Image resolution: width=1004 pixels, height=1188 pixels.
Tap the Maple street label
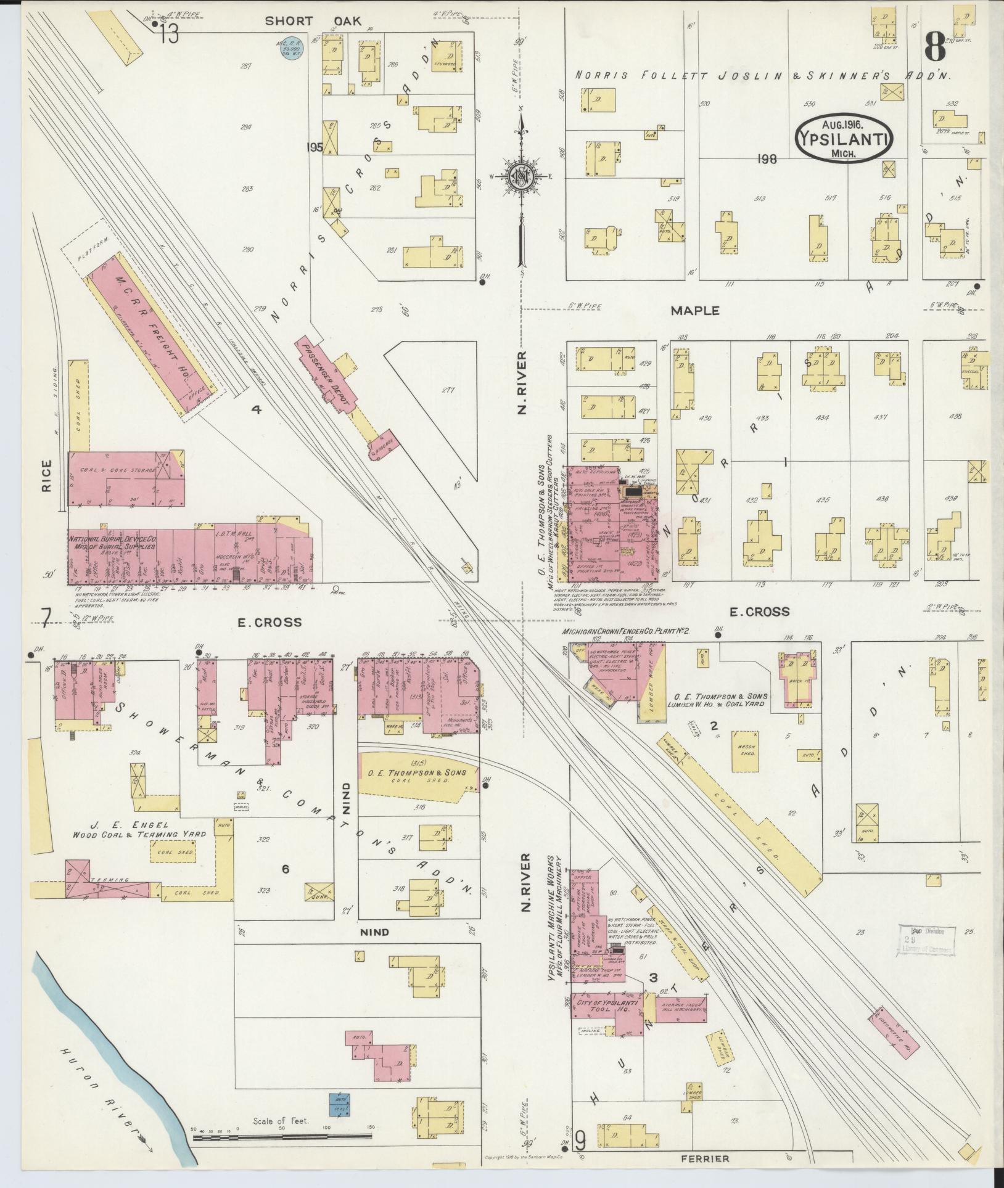click(x=695, y=310)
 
